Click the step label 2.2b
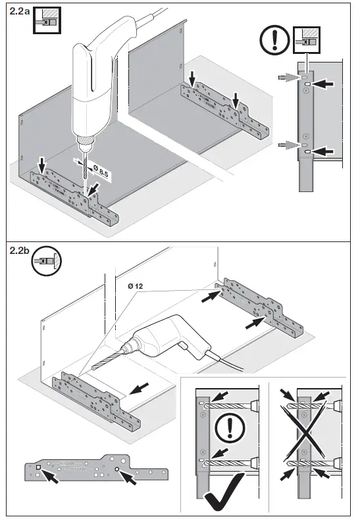[18, 251]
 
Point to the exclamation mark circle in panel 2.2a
[273, 41]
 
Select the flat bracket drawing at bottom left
[96, 471]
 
